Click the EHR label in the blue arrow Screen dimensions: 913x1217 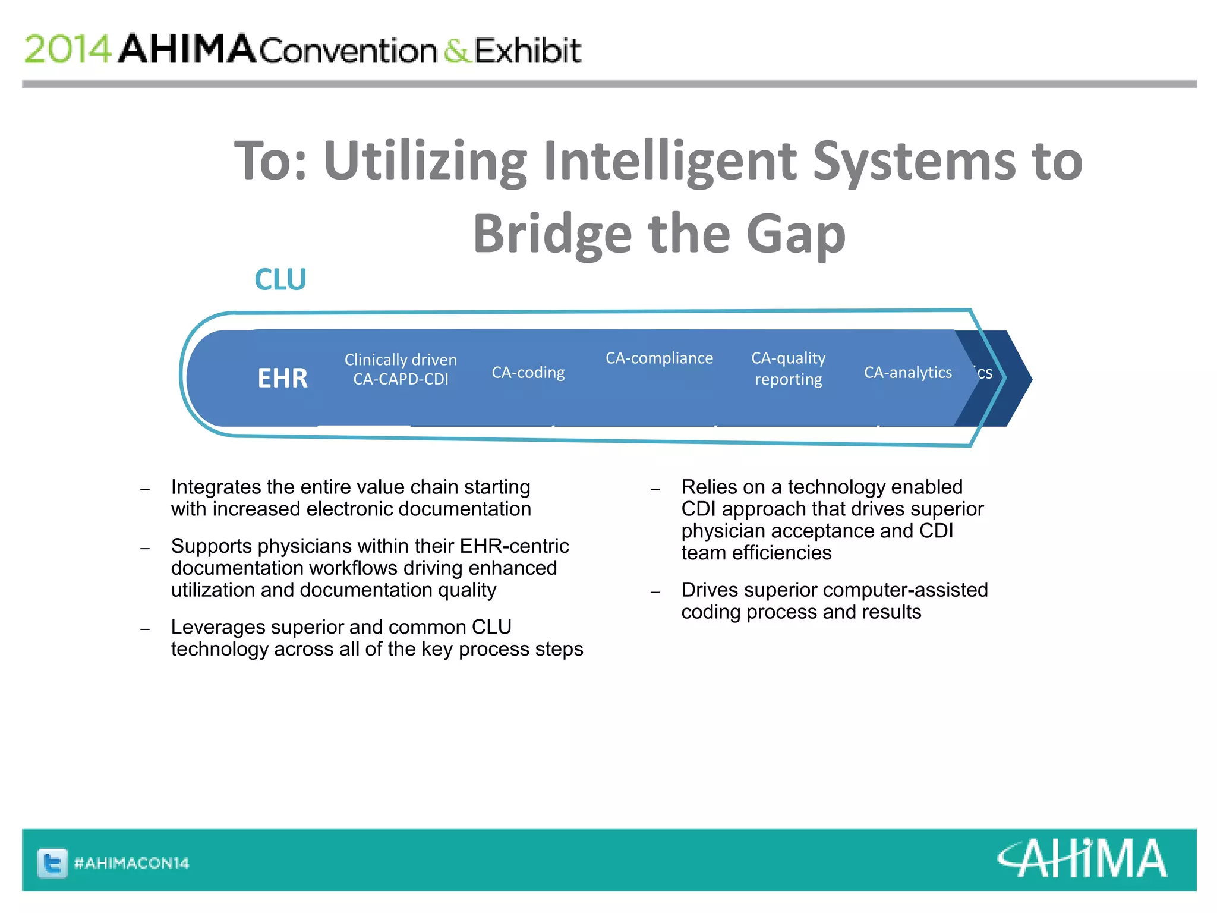tap(282, 378)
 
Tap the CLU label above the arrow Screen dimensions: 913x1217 tap(280, 279)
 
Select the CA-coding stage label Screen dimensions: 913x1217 tap(528, 373)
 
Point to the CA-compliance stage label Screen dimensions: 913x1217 tap(659, 358)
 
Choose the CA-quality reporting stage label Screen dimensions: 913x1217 tap(788, 369)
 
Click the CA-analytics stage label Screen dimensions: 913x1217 tap(907, 373)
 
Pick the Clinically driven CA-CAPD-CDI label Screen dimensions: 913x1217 tap(401, 369)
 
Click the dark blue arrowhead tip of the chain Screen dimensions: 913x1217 tap(1019, 379)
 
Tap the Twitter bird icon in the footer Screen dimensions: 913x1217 tap(52, 862)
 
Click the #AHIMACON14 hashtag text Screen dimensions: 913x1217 tap(131, 863)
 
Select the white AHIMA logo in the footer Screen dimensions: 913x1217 tap(1082, 859)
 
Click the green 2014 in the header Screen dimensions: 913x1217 tap(67, 49)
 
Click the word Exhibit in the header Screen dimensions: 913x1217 tap(528, 51)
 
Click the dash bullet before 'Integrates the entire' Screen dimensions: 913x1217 tap(145, 490)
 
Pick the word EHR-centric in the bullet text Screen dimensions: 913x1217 tap(514, 546)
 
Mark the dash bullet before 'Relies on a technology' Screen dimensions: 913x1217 tap(655, 490)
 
